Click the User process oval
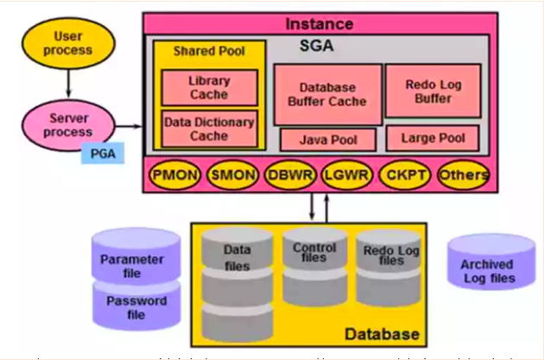[x=67, y=42]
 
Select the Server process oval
[x=67, y=125]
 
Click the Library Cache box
[x=209, y=87]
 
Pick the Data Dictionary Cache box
[x=209, y=129]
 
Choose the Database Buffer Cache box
[x=326, y=94]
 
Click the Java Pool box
[x=326, y=139]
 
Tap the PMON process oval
[x=176, y=174]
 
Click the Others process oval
[x=462, y=174]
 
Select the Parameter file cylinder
[x=137, y=258]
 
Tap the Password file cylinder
[x=137, y=306]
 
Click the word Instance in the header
[x=319, y=23]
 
